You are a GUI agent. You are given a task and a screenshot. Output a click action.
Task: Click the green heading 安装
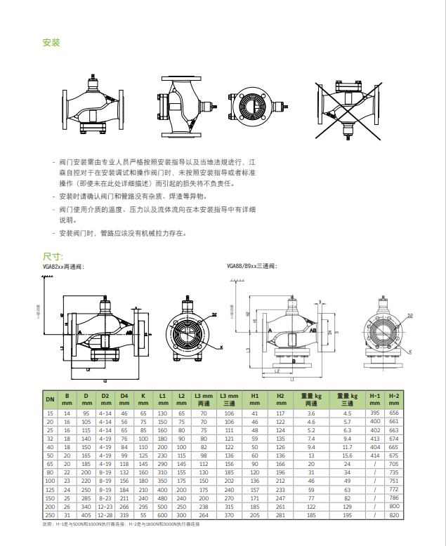[x=51, y=43]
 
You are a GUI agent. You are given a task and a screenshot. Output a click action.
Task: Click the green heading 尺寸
[x=53, y=257]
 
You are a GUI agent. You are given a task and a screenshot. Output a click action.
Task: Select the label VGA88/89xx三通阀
[x=251, y=267]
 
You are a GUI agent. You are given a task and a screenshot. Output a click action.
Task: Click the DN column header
[x=50, y=399]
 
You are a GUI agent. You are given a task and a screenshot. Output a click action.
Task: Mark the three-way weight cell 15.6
[x=347, y=455]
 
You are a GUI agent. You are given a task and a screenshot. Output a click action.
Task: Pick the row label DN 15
[x=50, y=413]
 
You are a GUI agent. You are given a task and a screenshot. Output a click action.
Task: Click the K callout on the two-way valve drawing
[x=221, y=347]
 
